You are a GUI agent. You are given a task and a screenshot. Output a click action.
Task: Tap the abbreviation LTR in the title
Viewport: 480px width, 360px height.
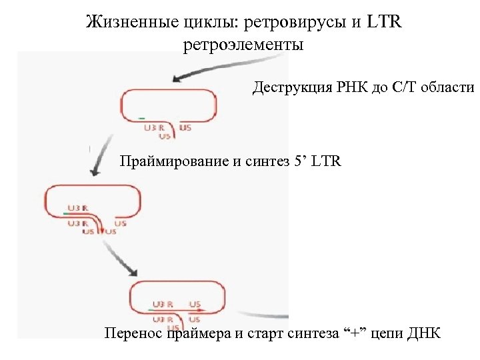[x=384, y=23]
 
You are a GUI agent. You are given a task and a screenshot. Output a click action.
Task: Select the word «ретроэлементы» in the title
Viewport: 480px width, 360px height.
[x=242, y=46]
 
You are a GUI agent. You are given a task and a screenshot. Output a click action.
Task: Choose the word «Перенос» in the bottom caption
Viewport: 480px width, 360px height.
[x=132, y=333]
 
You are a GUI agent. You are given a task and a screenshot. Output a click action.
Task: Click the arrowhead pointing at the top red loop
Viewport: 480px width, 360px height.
[x=178, y=79]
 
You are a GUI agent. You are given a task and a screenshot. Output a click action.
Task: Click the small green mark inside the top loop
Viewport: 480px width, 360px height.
[x=141, y=118]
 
